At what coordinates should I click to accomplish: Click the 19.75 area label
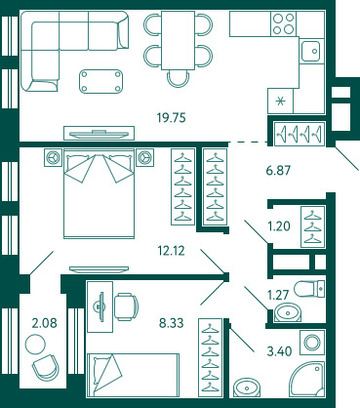pos(171,117)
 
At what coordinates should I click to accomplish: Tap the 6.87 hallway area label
pos(278,170)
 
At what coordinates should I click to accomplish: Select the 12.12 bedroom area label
pos(171,251)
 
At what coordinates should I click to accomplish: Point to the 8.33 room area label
pos(171,323)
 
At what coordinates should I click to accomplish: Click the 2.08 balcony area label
pos(44,323)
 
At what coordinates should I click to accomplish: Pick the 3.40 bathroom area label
pos(279,351)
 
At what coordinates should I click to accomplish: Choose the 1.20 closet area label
pos(279,225)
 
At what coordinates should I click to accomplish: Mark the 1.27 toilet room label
pos(278,295)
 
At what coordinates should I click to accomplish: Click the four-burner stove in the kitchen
pos(284,23)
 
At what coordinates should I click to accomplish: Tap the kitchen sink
pos(311,51)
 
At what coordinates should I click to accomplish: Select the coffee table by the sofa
pos(100,81)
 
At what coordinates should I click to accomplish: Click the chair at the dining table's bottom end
pos(178,79)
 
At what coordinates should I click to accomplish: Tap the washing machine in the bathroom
pos(312,343)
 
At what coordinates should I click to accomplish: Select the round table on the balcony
pos(36,345)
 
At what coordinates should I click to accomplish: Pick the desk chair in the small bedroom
pos(126,306)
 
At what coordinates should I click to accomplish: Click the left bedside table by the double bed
pos(53,157)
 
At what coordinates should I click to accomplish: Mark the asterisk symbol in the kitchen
pos(280,102)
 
